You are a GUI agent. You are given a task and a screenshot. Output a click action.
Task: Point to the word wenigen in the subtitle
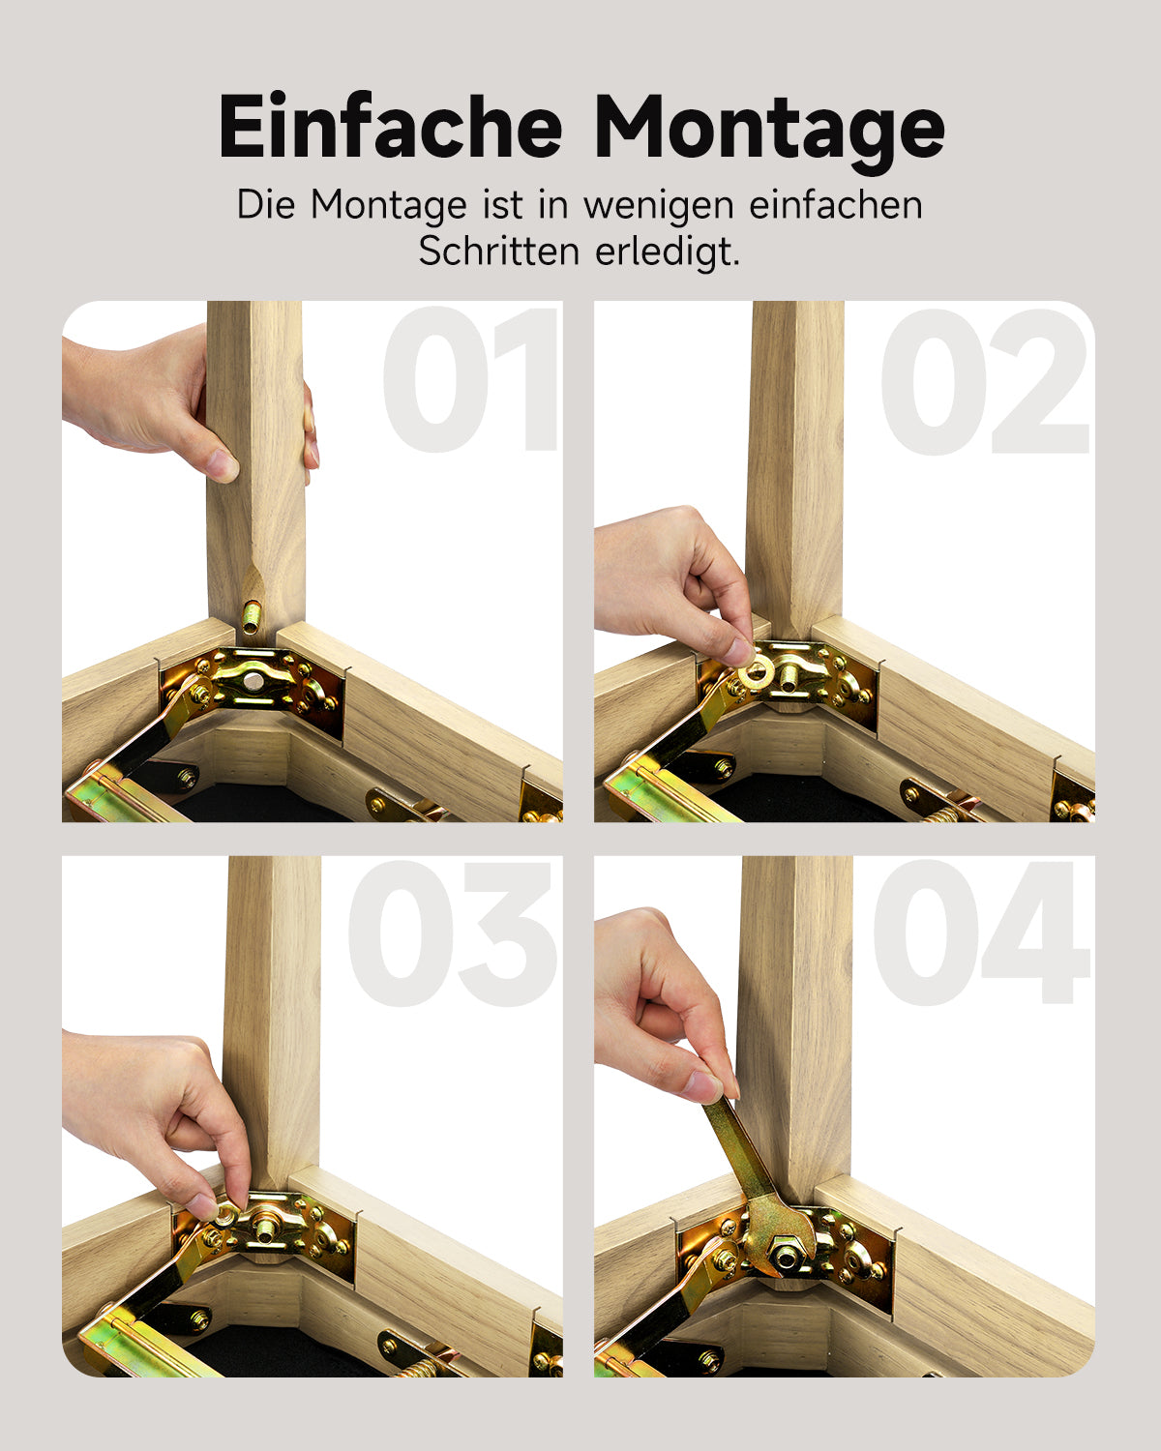(658, 205)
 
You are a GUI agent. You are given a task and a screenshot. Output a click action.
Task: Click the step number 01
(471, 380)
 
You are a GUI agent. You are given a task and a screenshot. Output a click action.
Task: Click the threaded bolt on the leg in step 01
(252, 616)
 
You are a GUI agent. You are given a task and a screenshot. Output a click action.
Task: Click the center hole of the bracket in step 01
(253, 682)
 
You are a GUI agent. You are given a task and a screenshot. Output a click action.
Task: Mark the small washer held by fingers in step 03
(224, 1214)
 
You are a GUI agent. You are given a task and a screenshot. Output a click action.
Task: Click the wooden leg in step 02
(796, 464)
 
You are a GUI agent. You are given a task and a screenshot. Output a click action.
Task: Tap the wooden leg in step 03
(272, 1016)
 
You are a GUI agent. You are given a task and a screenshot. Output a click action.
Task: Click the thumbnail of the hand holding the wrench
(702, 1085)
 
